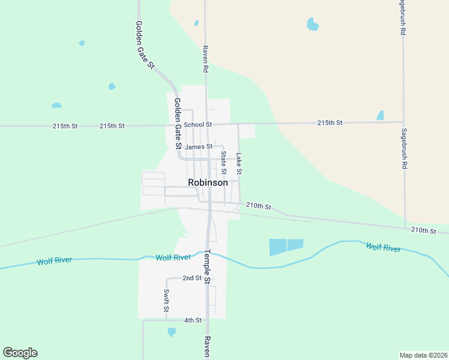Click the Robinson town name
(x=208, y=182)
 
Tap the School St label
(x=198, y=124)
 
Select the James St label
(x=199, y=146)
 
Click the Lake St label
(x=239, y=163)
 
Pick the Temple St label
(x=207, y=266)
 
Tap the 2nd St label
(x=192, y=278)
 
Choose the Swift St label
(x=166, y=301)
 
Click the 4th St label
(x=193, y=320)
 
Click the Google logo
(x=20, y=353)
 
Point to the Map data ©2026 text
(x=423, y=355)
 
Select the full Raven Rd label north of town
(x=205, y=59)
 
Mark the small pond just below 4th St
(x=172, y=331)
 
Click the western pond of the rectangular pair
(x=277, y=247)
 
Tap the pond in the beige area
(x=312, y=24)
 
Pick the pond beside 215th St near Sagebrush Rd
(x=380, y=115)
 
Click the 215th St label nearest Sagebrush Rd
(x=330, y=122)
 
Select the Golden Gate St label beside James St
(x=178, y=124)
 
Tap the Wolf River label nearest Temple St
(x=173, y=257)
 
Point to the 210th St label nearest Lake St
(x=259, y=206)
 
